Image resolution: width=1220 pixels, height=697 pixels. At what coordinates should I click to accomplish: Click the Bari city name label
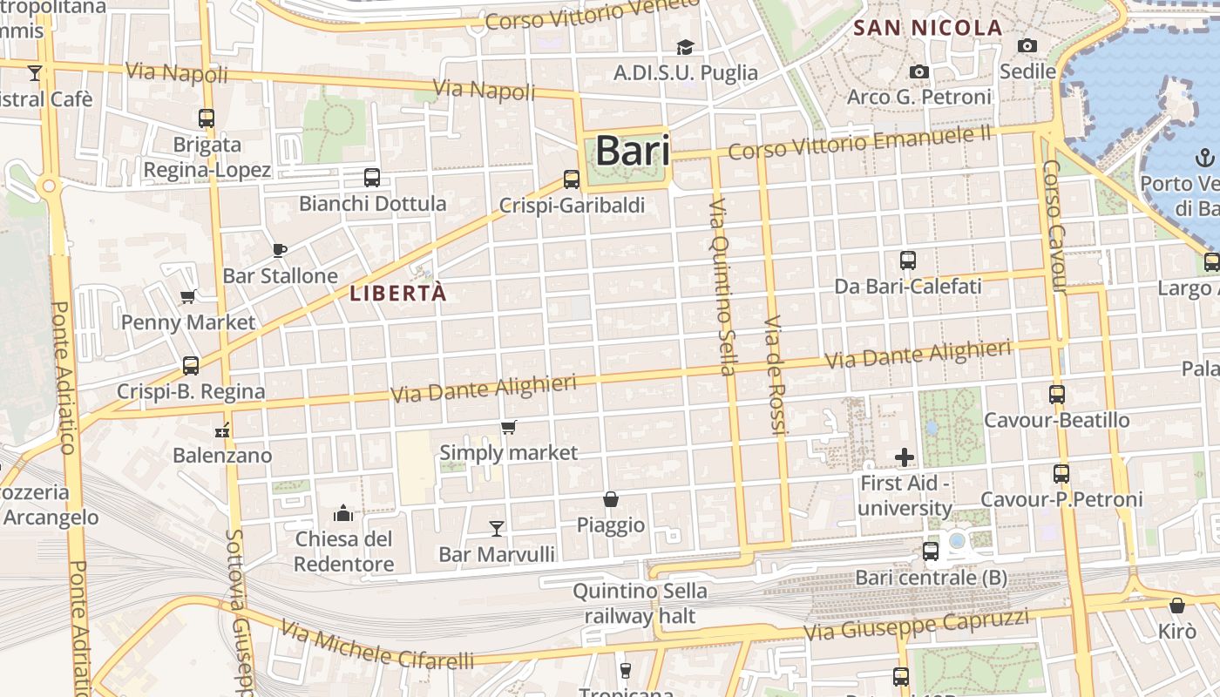pyautogui.click(x=633, y=151)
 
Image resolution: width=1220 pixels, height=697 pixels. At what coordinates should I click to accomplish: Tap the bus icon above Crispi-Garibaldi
pyautogui.click(x=572, y=179)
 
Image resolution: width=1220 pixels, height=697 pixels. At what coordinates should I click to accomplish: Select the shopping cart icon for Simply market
pyautogui.click(x=509, y=427)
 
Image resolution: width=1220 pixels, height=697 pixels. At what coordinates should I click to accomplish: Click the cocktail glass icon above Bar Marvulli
pyautogui.click(x=497, y=527)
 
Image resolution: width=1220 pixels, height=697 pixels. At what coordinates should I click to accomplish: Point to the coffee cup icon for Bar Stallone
pyautogui.click(x=280, y=250)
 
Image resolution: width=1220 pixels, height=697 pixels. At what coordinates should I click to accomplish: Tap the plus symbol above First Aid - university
pyautogui.click(x=905, y=457)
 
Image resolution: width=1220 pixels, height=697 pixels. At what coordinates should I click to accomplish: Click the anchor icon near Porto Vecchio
pyautogui.click(x=1204, y=158)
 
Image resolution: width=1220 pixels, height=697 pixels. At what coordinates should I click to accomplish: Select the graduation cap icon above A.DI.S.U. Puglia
pyautogui.click(x=686, y=46)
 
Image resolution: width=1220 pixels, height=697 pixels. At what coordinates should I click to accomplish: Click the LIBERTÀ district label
pyautogui.click(x=398, y=294)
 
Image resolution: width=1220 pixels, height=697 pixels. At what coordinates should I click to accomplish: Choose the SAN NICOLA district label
pyautogui.click(x=928, y=28)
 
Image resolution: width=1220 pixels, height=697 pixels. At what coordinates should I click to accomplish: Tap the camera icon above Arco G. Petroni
pyautogui.click(x=918, y=71)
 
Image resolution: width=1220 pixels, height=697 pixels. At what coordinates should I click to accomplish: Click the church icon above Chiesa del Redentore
pyautogui.click(x=343, y=512)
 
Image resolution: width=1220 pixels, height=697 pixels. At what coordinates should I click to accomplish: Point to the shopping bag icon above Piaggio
pyautogui.click(x=611, y=499)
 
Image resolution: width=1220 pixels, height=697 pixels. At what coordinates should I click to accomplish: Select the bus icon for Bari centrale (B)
pyautogui.click(x=931, y=551)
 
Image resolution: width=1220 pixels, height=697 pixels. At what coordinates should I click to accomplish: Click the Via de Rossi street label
pyautogui.click(x=775, y=376)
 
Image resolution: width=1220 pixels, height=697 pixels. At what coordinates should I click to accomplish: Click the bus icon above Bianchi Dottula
pyautogui.click(x=372, y=178)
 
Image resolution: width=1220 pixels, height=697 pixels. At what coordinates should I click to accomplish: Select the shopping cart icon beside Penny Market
pyautogui.click(x=188, y=296)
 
